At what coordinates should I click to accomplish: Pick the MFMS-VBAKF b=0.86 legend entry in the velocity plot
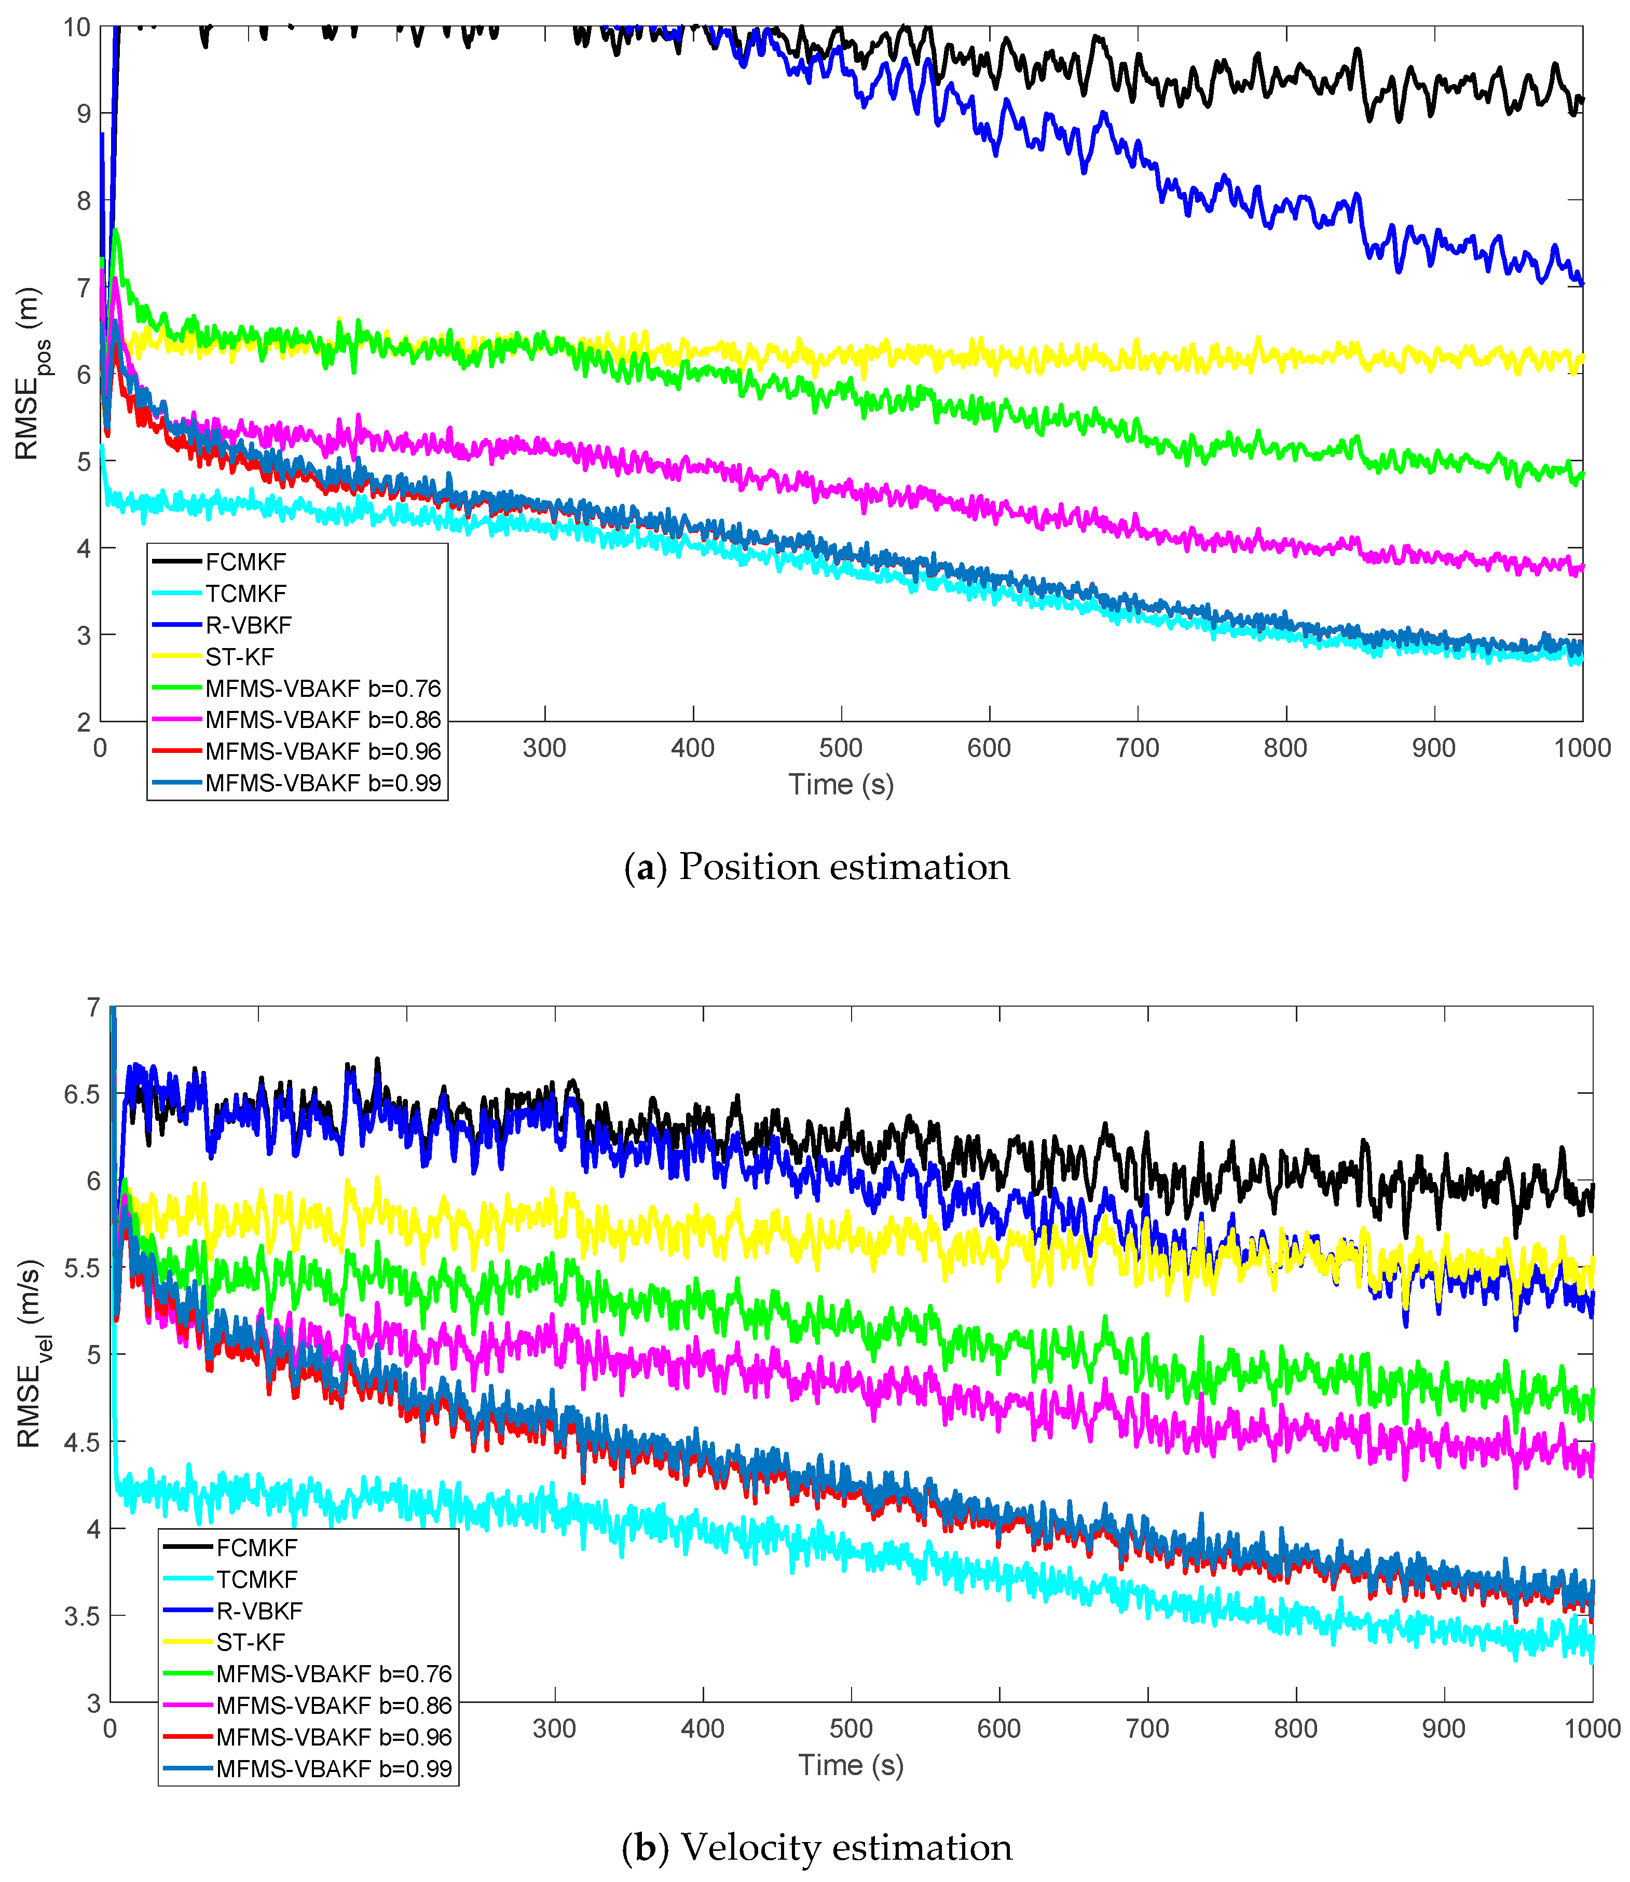click(334, 1706)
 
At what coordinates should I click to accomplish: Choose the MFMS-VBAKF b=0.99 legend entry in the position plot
click(323, 783)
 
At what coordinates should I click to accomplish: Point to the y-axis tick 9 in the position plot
click(84, 114)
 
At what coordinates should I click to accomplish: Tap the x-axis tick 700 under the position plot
click(1137, 749)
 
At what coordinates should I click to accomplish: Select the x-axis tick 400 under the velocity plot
click(702, 1729)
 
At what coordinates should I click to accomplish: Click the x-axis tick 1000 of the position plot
click(1582, 749)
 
